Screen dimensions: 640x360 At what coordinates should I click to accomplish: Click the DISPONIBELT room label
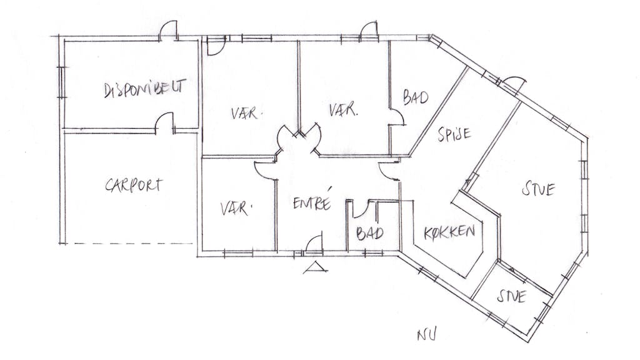(x=145, y=88)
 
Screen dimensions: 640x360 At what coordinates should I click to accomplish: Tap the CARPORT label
(x=134, y=185)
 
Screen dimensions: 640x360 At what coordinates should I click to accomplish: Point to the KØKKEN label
(x=449, y=232)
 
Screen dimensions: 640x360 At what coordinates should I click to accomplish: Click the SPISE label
(x=454, y=134)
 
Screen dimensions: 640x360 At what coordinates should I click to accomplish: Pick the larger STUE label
(x=538, y=189)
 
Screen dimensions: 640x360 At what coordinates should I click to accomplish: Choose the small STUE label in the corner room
(x=511, y=296)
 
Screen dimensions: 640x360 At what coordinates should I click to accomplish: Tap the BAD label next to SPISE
(x=416, y=97)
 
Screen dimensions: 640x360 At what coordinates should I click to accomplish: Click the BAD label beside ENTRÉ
(x=370, y=234)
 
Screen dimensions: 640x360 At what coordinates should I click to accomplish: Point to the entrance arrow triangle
(x=315, y=267)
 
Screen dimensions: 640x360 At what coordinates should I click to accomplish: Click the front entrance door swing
(x=314, y=242)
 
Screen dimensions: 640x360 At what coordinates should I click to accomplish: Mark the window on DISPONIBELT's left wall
(x=62, y=82)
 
